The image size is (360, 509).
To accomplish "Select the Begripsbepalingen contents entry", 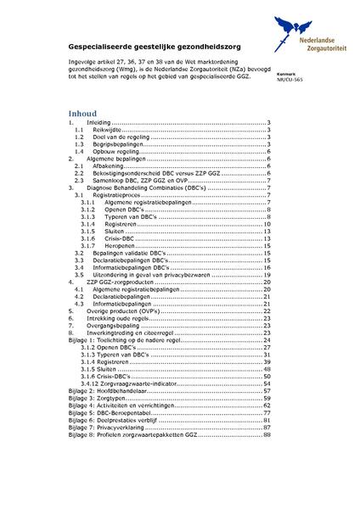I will [x=119, y=144].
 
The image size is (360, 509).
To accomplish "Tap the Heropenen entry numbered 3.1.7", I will [x=120, y=245].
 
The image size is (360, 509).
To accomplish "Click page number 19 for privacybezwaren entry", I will [x=267, y=274].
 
